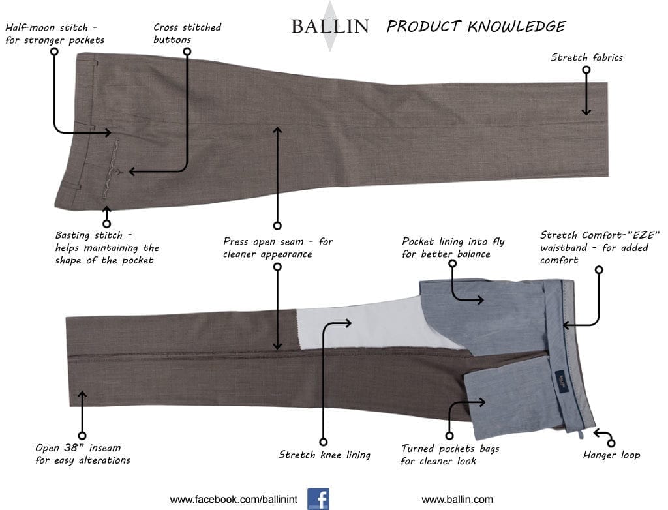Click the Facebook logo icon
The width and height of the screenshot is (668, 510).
(318, 499)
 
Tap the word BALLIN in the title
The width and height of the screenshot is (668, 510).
(330, 27)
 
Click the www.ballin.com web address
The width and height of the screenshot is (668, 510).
(457, 500)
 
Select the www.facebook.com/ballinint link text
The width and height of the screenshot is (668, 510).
(234, 500)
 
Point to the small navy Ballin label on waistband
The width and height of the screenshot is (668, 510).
(562, 380)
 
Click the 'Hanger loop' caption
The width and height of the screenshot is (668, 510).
(611, 455)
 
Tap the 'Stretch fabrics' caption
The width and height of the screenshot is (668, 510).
(586, 57)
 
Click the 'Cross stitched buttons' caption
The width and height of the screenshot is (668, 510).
(187, 33)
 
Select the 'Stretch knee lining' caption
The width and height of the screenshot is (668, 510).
(325, 455)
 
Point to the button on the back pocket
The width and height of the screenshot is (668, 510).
(115, 172)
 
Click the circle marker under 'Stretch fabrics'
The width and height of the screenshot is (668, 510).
(586, 70)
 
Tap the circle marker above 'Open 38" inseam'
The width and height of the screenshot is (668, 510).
(82, 436)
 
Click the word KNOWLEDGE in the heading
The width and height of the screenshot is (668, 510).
(517, 27)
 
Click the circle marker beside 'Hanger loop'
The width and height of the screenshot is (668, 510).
(611, 443)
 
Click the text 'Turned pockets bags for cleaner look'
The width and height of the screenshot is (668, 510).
(450, 455)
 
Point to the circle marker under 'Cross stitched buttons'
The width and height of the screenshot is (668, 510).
(187, 52)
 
